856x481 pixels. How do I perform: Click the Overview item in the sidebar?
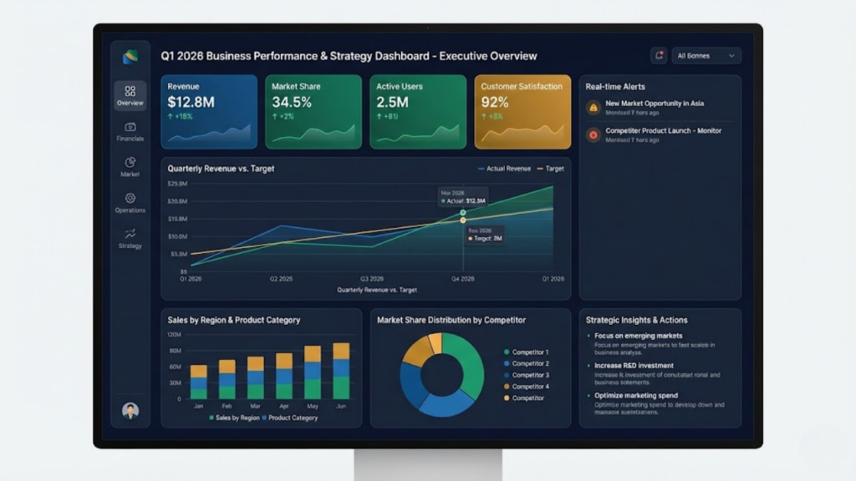click(x=130, y=96)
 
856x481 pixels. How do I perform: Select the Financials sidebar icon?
click(x=130, y=127)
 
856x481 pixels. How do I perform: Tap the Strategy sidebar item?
click(x=130, y=239)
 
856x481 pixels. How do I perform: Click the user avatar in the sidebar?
click(x=130, y=410)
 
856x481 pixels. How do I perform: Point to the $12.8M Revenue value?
click(x=191, y=102)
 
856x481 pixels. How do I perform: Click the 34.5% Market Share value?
click(x=292, y=102)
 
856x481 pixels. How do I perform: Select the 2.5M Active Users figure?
click(x=392, y=102)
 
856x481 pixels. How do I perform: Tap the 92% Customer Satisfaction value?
click(x=495, y=102)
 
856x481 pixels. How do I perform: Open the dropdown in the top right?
click(x=706, y=56)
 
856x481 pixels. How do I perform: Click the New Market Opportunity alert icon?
click(x=593, y=107)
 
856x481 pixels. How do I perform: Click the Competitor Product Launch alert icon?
click(x=593, y=134)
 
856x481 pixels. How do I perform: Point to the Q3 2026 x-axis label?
click(x=372, y=278)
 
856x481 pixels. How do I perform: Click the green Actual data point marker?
click(x=462, y=213)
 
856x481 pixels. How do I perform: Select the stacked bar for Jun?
click(x=341, y=371)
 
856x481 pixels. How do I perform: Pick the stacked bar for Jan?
click(x=198, y=382)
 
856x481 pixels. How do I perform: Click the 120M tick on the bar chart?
click(x=175, y=335)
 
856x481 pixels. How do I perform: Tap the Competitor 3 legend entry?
click(x=530, y=375)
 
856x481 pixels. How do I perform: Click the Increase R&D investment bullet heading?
click(x=634, y=366)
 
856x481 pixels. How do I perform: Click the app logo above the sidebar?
click(x=130, y=57)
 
